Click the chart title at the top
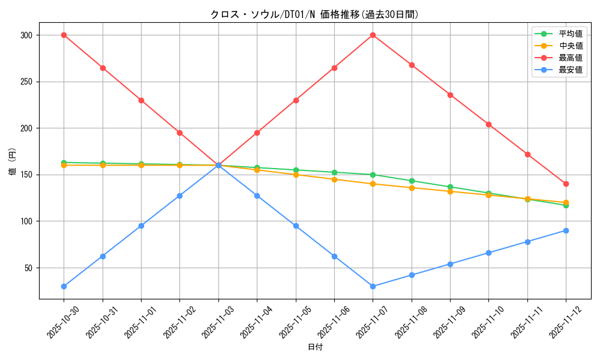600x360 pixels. coord(314,14)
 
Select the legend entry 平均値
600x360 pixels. coord(570,34)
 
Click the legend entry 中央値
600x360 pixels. coord(570,46)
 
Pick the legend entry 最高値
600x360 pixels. coord(570,58)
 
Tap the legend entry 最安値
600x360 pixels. coord(570,70)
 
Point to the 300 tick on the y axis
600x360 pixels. coord(26,35)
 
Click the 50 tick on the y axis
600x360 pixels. coord(28,268)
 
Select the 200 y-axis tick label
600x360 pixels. coord(26,128)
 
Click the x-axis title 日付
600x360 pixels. coord(315,347)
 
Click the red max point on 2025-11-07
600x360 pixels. coord(373,35)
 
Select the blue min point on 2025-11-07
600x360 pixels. coord(373,286)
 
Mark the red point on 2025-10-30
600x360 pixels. coord(64,35)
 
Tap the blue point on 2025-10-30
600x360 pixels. coord(64,286)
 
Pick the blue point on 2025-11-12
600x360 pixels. coord(566,230)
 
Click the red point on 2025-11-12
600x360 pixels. coord(566,184)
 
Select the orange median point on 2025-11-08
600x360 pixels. coord(412,188)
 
